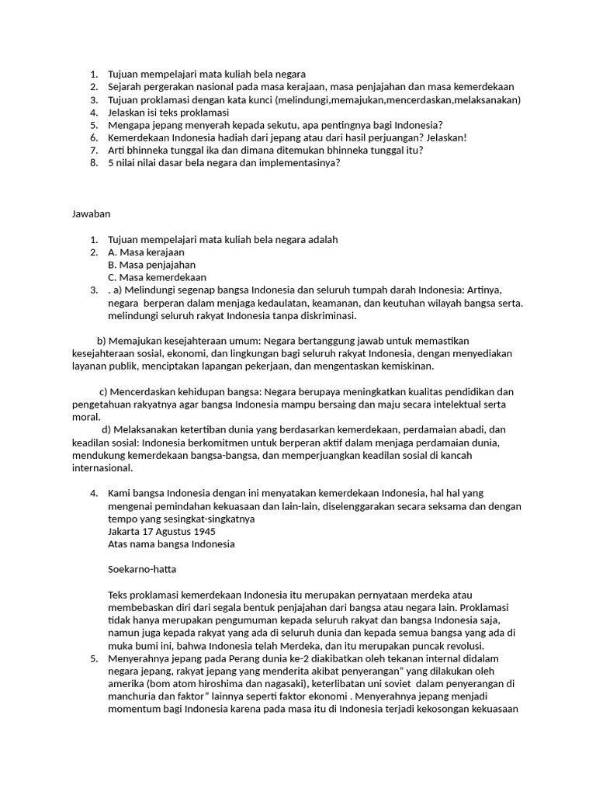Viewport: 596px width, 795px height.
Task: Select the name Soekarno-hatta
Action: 142,569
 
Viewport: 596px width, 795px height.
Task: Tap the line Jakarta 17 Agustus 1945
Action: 162,531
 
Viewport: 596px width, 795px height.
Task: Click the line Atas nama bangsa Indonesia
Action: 172,544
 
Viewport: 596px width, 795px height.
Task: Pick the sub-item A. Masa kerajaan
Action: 147,252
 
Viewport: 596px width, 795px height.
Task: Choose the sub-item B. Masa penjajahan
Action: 151,265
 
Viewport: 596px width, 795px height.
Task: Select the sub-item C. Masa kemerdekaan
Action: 158,277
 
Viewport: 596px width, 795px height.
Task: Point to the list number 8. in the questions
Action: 93,163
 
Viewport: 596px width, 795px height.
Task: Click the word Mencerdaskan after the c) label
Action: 145,391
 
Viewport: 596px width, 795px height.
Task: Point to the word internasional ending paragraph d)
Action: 102,468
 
